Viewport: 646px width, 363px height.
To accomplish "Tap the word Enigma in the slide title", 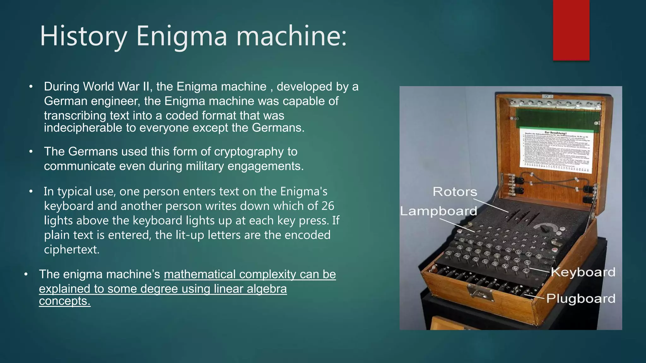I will pos(181,36).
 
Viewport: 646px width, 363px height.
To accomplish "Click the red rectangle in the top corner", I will pos(571,30).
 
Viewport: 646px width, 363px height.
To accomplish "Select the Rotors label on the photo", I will pos(455,192).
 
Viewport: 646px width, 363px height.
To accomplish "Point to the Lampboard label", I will pos(438,211).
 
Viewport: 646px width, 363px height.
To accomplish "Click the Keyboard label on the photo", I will pos(583,272).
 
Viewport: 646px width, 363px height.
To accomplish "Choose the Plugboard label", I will pos(581,298).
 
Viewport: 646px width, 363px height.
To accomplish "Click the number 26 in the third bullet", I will pos(327,206).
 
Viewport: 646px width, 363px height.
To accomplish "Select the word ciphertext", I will pos(72,249).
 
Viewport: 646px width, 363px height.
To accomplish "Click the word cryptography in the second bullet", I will pos(249,152).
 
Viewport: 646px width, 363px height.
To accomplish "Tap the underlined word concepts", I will pos(65,301).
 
